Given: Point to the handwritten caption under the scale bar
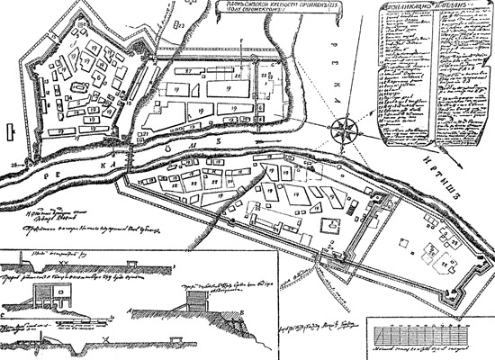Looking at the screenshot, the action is (x=423, y=347).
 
